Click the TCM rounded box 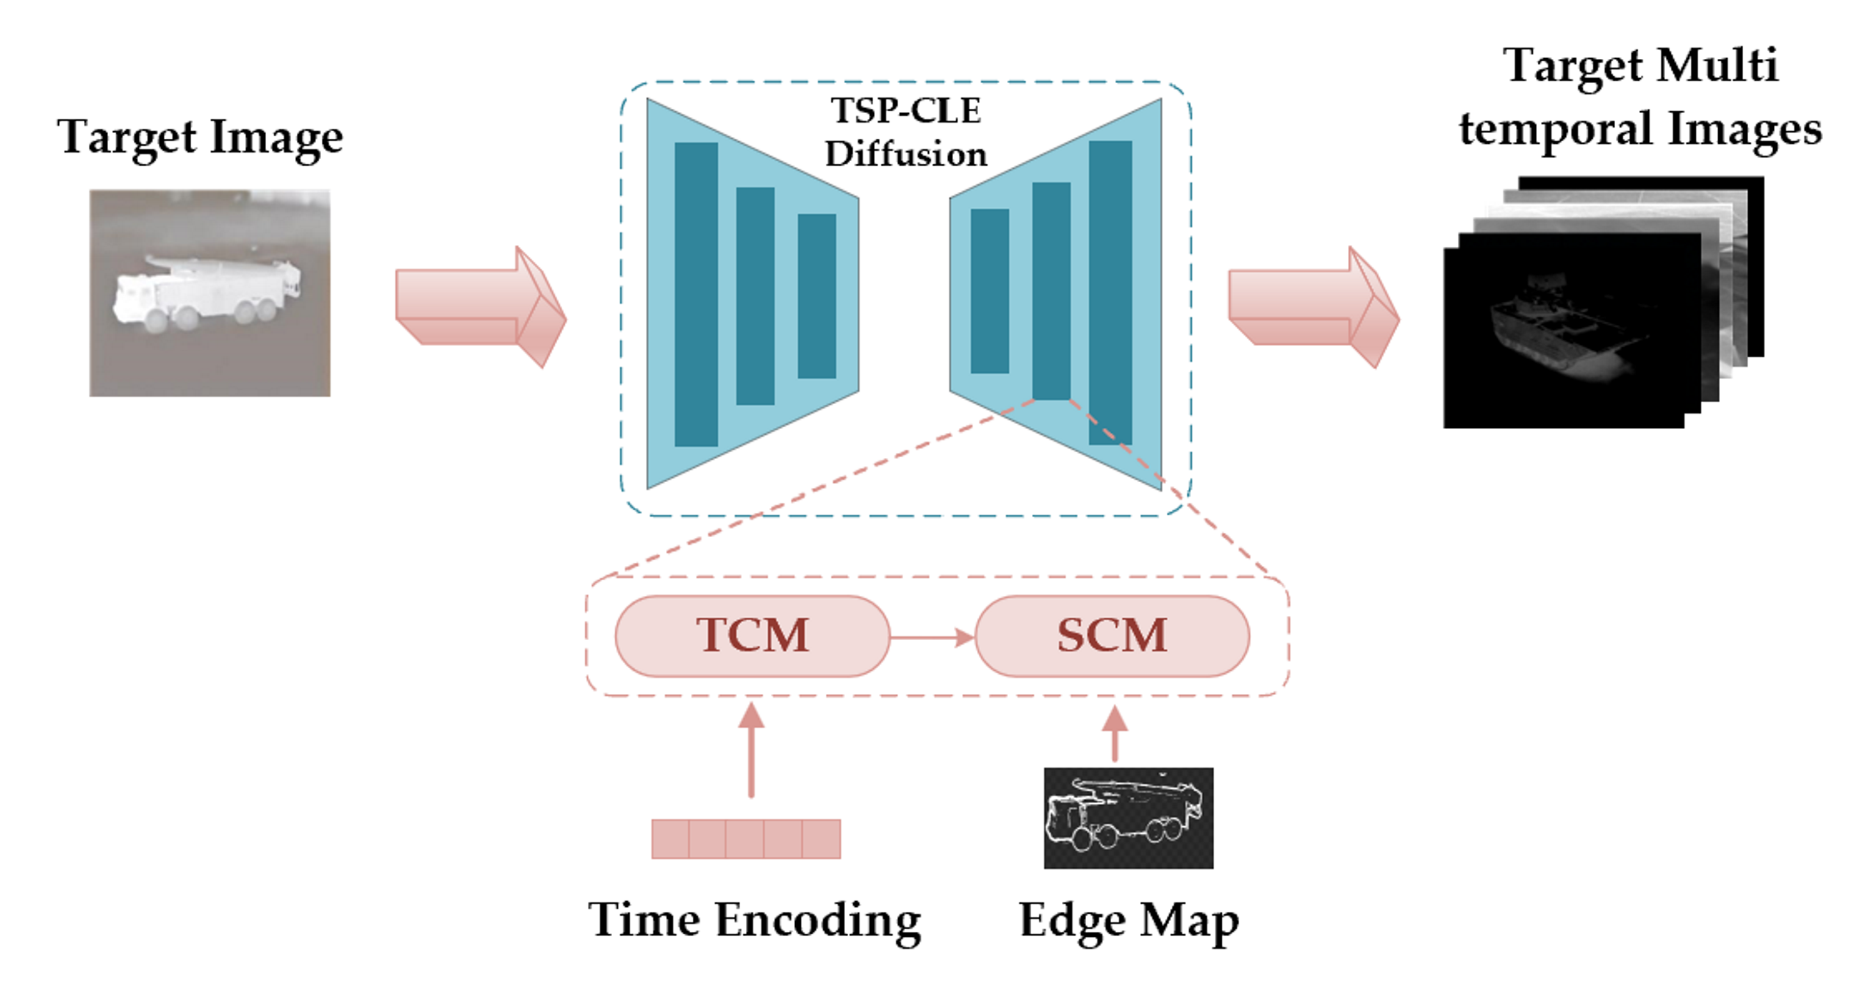752,636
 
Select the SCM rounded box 1112,636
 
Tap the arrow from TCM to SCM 931,638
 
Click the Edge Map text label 1128,922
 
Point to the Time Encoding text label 754,920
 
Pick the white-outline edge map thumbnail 1128,817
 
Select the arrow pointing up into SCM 1114,734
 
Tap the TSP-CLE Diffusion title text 906,132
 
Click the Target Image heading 200,137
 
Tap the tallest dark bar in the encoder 696,294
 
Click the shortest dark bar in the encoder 816,295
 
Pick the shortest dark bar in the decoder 990,291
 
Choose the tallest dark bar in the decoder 1110,292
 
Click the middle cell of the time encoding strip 745,839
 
